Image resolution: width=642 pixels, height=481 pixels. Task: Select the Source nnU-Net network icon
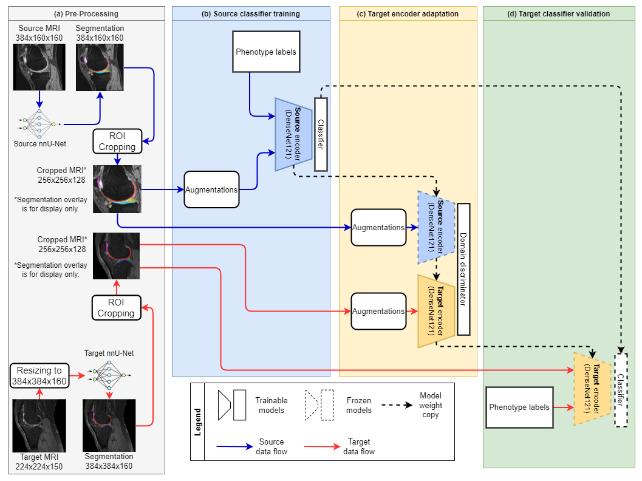(x=39, y=124)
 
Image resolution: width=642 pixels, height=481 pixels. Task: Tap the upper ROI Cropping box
(x=117, y=141)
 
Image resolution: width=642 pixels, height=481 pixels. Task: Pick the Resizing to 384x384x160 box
(x=39, y=376)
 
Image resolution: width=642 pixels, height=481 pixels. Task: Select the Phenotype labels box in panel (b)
(x=266, y=52)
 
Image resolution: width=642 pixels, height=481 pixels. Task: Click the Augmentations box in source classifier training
(x=211, y=190)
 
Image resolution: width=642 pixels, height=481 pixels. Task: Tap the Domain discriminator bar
(x=464, y=269)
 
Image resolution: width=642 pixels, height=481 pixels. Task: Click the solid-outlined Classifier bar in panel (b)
(x=321, y=134)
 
